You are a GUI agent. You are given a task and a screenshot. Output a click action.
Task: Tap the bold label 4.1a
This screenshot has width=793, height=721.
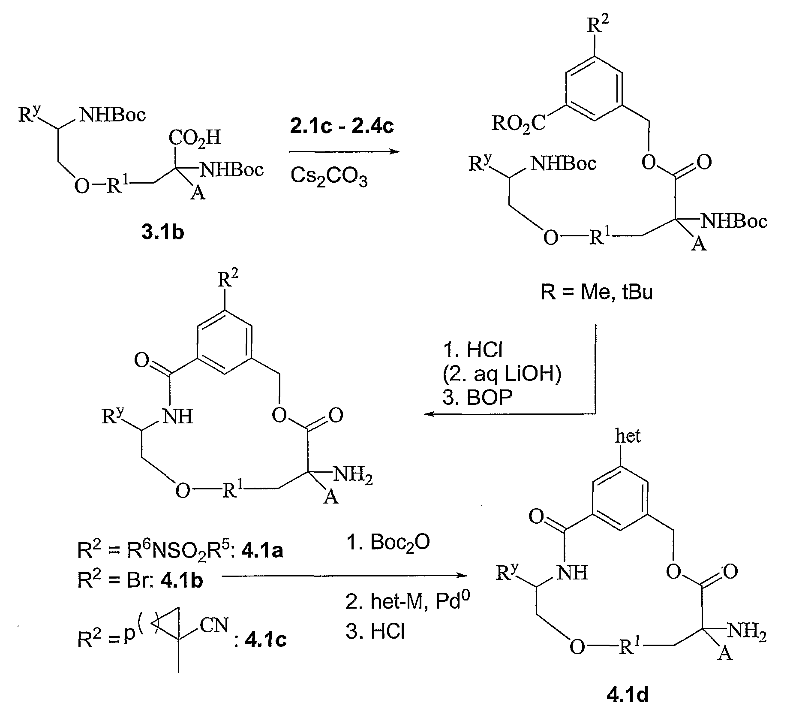262,550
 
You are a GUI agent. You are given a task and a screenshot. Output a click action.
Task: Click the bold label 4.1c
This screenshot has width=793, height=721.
265,640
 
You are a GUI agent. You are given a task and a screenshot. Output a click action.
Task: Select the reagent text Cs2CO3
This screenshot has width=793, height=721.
329,177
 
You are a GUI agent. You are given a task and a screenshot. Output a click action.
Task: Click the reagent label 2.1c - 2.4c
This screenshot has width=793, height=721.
342,126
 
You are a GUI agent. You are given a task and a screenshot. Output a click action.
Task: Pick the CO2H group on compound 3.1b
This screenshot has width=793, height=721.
195,139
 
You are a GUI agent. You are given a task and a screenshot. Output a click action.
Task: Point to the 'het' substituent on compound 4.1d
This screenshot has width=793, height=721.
628,437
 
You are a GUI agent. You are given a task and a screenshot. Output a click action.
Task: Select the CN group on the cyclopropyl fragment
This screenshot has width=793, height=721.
214,626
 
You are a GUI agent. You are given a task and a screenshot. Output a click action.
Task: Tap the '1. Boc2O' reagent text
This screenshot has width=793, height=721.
387,543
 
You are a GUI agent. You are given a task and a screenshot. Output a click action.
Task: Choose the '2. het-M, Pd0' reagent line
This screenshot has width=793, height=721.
407,602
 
